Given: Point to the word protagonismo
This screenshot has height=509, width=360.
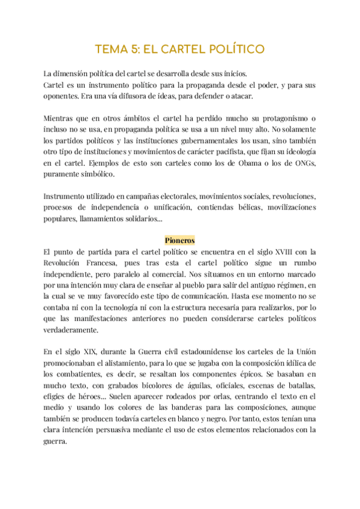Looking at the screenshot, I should coord(278,116).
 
